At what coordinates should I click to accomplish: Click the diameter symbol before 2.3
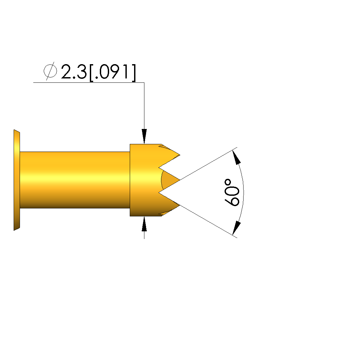50,71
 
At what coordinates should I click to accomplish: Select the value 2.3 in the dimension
74,72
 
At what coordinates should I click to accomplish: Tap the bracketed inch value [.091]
112,72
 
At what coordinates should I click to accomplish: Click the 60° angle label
232,192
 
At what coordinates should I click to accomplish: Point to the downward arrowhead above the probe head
144,136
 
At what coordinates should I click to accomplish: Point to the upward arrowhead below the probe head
144,224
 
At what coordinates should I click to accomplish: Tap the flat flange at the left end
17,180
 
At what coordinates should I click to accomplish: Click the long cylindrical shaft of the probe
75,180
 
